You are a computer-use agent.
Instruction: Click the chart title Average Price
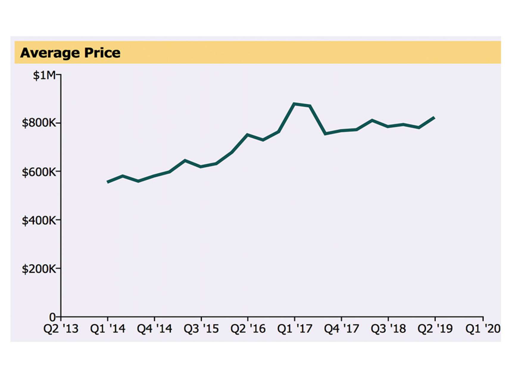click(70, 53)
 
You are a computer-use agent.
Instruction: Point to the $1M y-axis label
click(44, 75)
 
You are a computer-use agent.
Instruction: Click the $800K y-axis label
click(39, 123)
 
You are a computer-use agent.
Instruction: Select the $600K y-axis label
click(39, 172)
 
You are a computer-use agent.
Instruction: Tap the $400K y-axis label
click(39, 221)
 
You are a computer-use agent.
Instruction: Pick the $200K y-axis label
click(39, 269)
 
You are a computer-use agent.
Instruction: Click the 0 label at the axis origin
click(52, 317)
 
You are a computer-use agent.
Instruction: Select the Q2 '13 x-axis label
click(61, 329)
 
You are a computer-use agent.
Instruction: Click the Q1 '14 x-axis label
click(108, 329)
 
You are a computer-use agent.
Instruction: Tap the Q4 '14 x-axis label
click(154, 329)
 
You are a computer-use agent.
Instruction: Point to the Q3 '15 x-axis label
click(201, 329)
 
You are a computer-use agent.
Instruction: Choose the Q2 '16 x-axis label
click(248, 329)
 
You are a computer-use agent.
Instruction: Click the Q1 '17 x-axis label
click(295, 329)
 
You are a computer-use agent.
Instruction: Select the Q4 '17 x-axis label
click(341, 329)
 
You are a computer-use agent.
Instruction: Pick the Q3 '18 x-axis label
click(388, 329)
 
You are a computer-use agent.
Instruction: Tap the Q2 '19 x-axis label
click(435, 329)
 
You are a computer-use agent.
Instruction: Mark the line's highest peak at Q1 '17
click(294, 104)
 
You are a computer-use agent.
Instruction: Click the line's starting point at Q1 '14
click(108, 182)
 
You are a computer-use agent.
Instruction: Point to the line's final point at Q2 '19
click(434, 118)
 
